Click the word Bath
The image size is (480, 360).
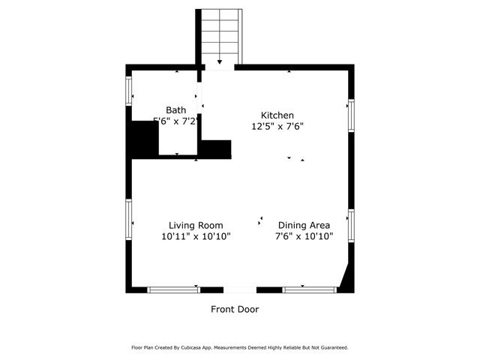tap(176, 110)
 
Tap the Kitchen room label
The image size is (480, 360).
tap(277, 115)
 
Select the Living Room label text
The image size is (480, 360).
tap(195, 225)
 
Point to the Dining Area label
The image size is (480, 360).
tap(304, 225)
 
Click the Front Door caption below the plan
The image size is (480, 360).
tap(235, 309)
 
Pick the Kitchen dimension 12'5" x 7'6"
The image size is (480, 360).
tap(277, 126)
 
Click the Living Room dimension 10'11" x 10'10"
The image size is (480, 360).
tap(195, 236)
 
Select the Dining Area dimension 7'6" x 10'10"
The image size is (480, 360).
tap(304, 236)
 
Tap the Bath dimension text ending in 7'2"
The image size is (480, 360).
tap(176, 121)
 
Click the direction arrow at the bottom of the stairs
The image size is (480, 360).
tap(220, 62)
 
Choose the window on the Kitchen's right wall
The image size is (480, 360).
tap(350, 115)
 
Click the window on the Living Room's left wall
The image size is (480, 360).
tap(129, 218)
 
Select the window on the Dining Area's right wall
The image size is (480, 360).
tap(350, 226)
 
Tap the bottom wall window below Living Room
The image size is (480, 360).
tap(173, 289)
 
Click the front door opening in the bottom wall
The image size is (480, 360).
tap(239, 289)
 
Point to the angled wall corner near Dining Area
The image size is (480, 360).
tap(346, 277)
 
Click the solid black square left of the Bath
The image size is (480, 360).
tap(142, 139)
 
